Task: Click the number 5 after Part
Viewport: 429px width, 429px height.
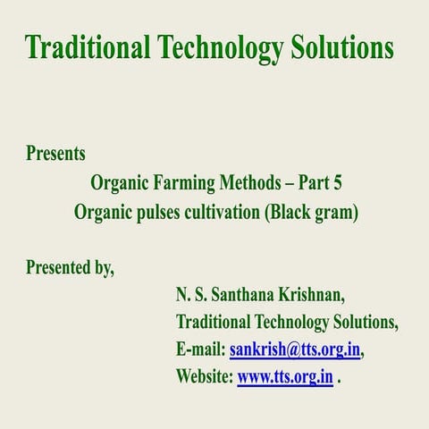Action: tap(337, 184)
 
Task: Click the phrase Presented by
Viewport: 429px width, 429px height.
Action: tap(70, 266)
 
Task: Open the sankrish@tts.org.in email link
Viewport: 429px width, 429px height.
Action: tap(295, 349)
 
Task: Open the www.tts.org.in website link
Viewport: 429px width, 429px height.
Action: tap(285, 376)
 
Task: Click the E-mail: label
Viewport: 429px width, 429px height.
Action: tap(201, 349)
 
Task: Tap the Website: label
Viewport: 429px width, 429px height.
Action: tap(205, 376)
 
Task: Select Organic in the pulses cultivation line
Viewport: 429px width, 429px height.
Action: tap(103, 214)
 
